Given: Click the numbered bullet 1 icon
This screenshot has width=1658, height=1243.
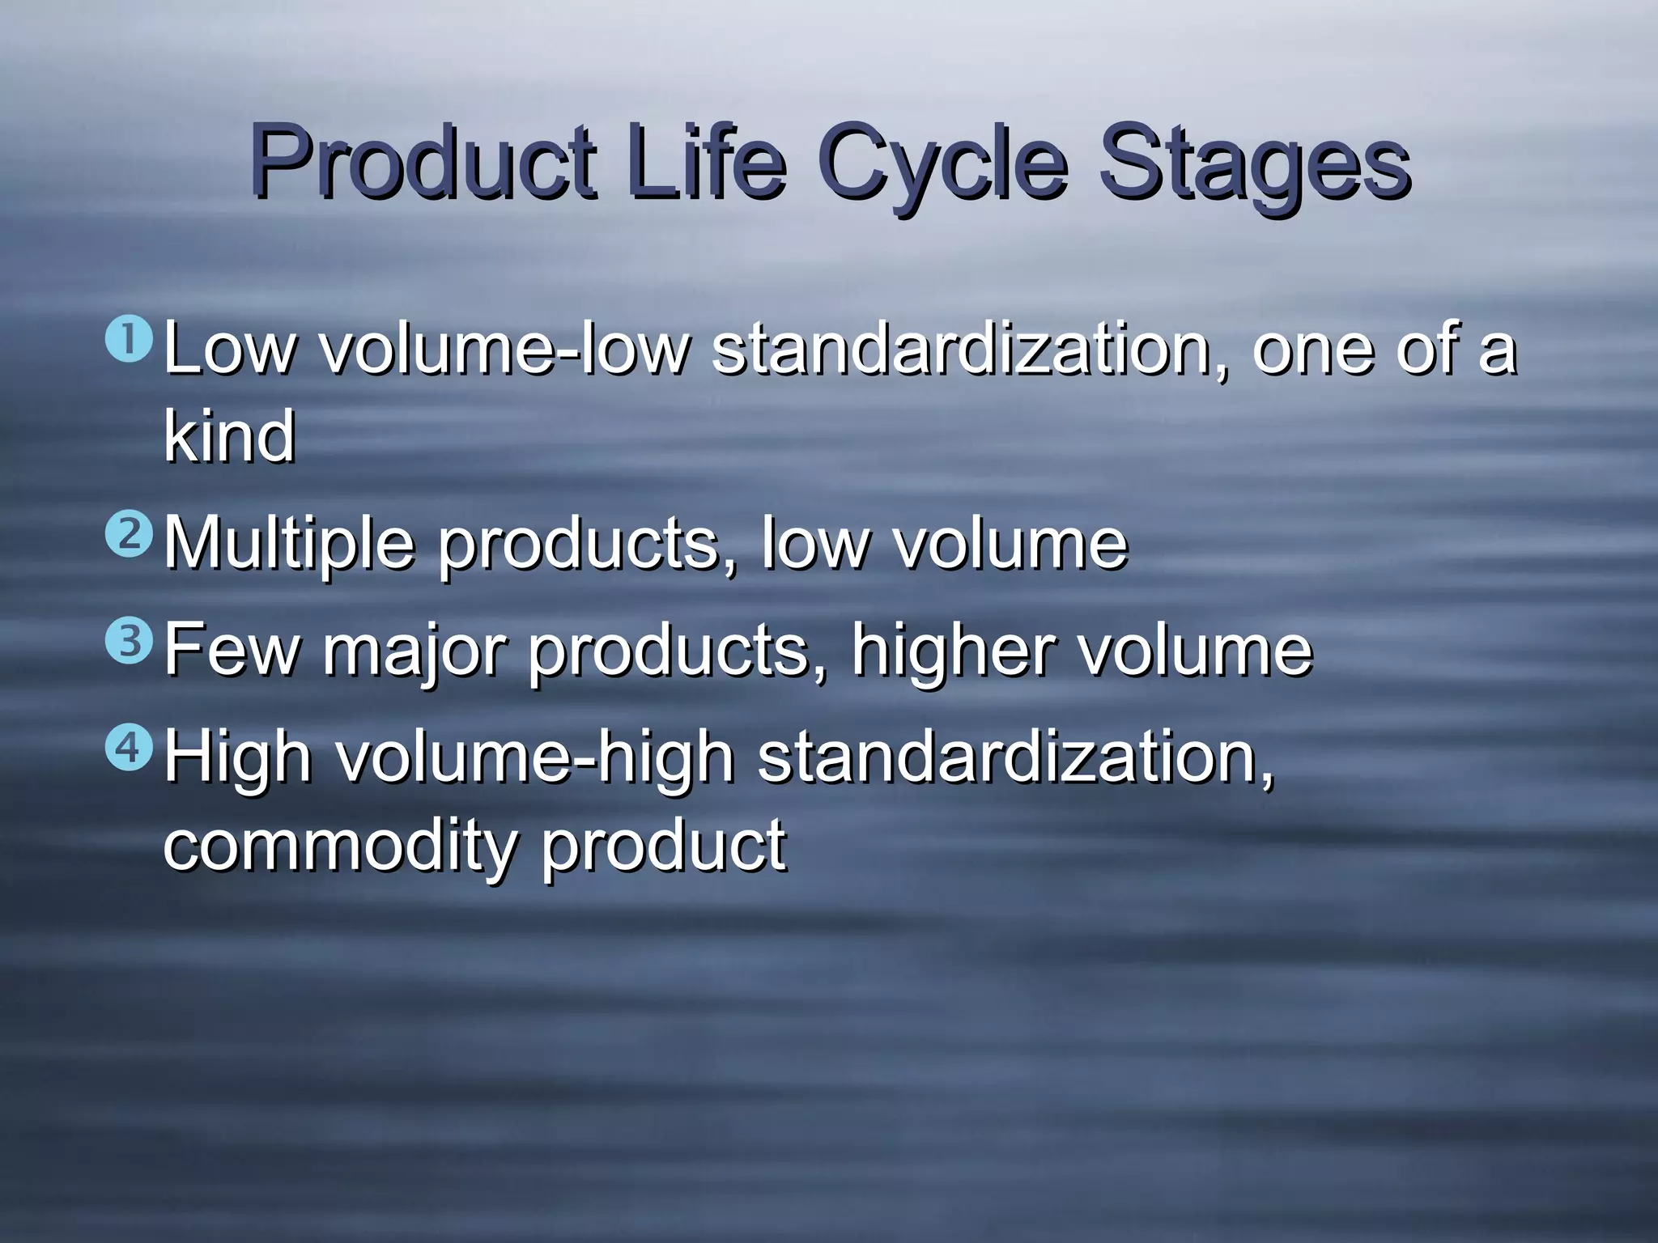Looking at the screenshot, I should pyautogui.click(x=129, y=340).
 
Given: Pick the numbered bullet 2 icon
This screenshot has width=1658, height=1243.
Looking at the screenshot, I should pyautogui.click(x=129, y=534).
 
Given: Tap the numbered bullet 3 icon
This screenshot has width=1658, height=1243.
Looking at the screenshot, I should pyautogui.click(x=129, y=641).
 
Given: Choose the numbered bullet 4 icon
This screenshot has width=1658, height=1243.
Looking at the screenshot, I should pyautogui.click(x=129, y=748).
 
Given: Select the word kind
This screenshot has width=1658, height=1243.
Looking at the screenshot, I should pyautogui.click(x=230, y=437).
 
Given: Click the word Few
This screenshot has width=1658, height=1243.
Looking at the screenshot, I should pyautogui.click(x=232, y=651).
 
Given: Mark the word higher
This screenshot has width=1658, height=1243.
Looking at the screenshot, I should pyautogui.click(x=954, y=651).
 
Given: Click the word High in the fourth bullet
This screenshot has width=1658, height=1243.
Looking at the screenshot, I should pyautogui.click(x=238, y=757).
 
